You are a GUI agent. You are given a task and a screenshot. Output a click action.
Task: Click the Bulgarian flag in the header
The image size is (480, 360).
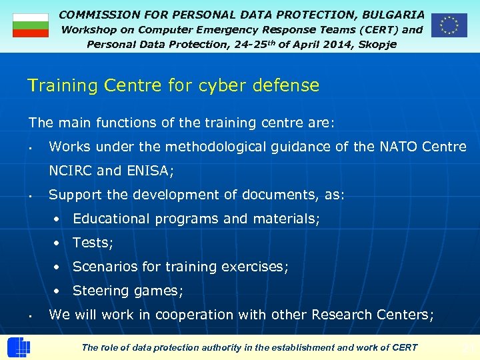(31, 25)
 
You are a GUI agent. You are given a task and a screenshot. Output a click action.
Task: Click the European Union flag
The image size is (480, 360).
(449, 25)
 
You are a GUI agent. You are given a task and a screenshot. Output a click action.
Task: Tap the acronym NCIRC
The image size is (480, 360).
(71, 171)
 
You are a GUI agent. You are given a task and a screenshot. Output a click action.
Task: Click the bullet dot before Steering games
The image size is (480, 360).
(59, 291)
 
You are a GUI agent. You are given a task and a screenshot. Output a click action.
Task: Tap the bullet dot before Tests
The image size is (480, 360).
(59, 243)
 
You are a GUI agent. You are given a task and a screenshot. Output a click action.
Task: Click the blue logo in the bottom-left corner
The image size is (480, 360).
(18, 348)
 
